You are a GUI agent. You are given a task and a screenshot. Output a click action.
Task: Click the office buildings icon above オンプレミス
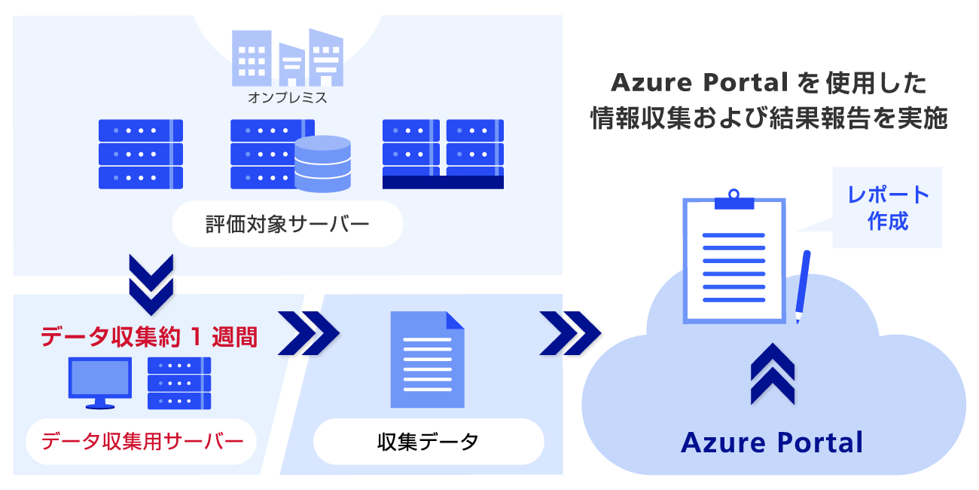pyautogui.click(x=287, y=57)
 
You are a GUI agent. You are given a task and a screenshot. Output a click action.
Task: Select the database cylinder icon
pyautogui.click(x=323, y=164)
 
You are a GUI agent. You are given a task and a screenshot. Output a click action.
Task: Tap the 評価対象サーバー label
pyautogui.click(x=287, y=224)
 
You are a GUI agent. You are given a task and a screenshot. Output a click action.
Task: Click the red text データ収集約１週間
pyautogui.click(x=149, y=337)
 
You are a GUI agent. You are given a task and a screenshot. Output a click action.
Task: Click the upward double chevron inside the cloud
pyautogui.click(x=772, y=374)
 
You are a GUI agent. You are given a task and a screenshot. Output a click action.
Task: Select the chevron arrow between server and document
pyautogui.click(x=308, y=332)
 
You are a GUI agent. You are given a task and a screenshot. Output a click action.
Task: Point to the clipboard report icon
pyautogui.click(x=733, y=256)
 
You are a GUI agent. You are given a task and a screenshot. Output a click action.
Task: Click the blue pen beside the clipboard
pyautogui.click(x=803, y=286)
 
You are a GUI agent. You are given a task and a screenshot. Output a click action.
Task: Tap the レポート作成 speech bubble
pyautogui.click(x=888, y=207)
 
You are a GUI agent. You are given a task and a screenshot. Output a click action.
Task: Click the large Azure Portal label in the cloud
pyautogui.click(x=772, y=442)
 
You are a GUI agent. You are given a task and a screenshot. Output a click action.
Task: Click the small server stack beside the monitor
pyautogui.click(x=179, y=383)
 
